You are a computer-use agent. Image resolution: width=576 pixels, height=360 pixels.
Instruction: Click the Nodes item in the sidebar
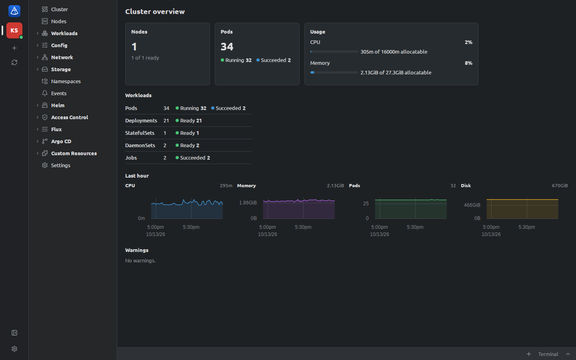[x=59, y=21]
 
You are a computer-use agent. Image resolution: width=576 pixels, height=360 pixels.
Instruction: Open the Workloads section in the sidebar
[x=64, y=34]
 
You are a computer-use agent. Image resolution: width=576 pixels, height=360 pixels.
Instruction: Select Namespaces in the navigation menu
[x=66, y=82]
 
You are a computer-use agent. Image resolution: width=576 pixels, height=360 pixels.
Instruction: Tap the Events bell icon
[x=45, y=93]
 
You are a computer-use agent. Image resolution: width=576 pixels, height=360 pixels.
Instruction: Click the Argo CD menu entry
[x=61, y=142]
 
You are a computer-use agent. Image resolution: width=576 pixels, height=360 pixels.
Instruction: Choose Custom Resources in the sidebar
[x=74, y=154]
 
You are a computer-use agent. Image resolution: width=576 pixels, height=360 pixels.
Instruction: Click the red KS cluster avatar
[x=14, y=30]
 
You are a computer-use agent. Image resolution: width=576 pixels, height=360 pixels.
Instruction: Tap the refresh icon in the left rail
[x=14, y=62]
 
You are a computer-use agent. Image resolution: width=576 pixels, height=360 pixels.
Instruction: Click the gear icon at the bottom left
[x=14, y=349]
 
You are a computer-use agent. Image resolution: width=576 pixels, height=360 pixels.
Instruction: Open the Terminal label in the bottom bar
[x=548, y=354]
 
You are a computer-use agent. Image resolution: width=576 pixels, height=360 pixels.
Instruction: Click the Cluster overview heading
[x=155, y=12]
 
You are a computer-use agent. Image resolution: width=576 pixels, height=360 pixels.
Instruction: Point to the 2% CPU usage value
[x=468, y=42]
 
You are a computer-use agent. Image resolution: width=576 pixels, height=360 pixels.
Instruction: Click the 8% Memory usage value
[x=468, y=63]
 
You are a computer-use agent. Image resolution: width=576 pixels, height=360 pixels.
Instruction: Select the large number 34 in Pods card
[x=227, y=47]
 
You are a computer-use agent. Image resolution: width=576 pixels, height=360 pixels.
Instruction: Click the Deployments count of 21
[x=166, y=121]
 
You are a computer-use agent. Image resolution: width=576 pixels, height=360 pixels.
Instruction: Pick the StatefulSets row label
[x=140, y=133]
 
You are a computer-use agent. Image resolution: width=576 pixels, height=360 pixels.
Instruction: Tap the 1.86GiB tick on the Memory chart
[x=248, y=203]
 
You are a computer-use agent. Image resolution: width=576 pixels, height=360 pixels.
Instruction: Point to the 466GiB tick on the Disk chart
[x=472, y=205]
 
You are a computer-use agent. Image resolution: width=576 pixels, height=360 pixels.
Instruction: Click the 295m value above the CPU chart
[x=226, y=186]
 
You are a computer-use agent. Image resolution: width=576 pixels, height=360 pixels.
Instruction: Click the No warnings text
[x=140, y=261]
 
